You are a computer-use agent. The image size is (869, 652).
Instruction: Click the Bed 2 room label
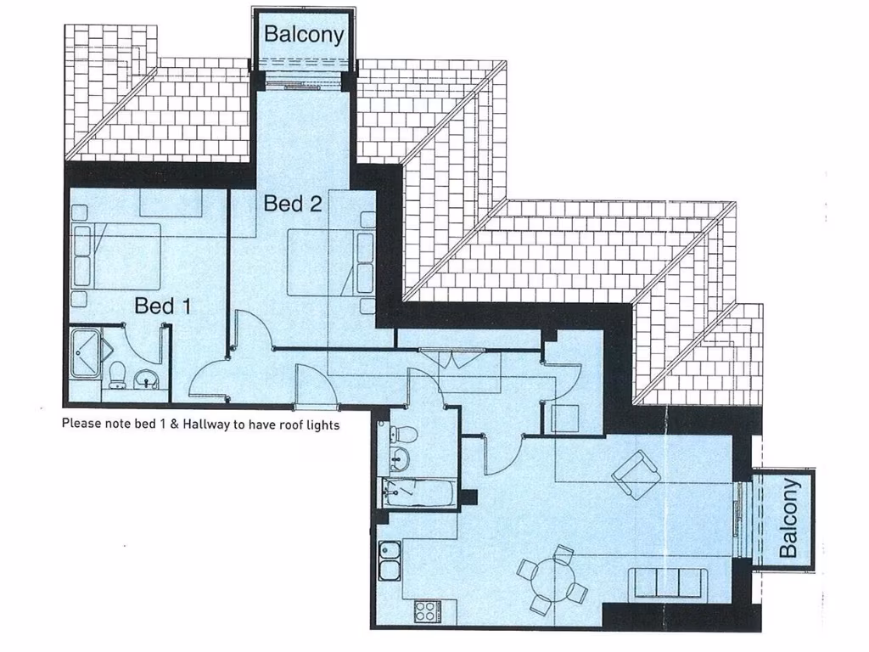click(292, 204)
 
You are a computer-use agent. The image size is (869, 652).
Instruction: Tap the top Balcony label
click(304, 35)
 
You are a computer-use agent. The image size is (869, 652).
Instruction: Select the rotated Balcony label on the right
click(789, 518)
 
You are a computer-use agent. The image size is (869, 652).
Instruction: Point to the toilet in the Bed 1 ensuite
click(119, 374)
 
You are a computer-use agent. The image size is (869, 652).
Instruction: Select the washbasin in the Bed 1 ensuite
click(149, 379)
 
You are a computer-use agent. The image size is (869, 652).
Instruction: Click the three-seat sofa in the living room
click(667, 583)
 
